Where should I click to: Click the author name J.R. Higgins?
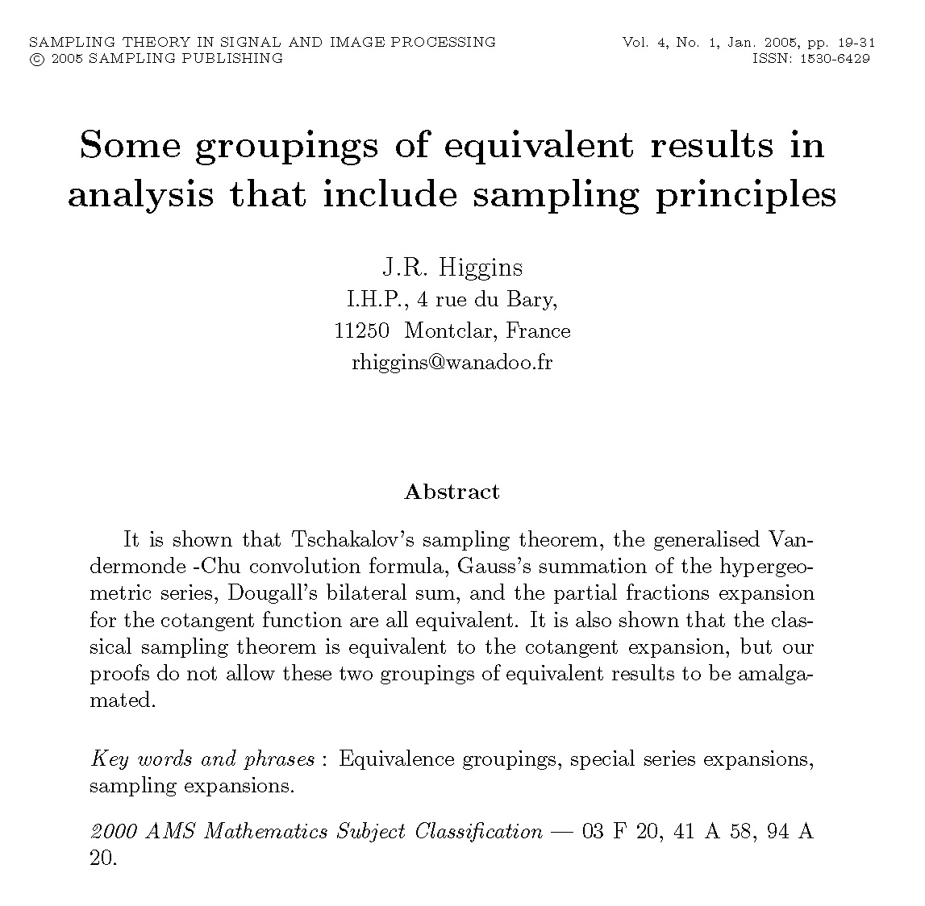[x=452, y=268]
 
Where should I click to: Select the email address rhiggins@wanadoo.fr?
[x=452, y=363]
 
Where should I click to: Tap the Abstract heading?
[x=452, y=492]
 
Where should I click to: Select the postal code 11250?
[x=361, y=331]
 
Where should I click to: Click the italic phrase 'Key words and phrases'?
[x=202, y=759]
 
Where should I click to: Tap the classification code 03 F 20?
[x=619, y=831]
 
